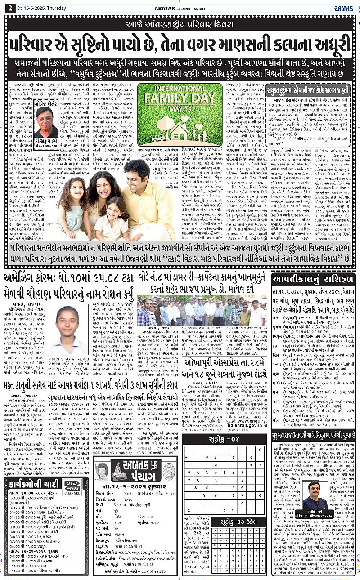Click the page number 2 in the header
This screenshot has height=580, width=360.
tap(9, 9)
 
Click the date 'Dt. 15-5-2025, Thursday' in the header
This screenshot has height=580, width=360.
tap(40, 9)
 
